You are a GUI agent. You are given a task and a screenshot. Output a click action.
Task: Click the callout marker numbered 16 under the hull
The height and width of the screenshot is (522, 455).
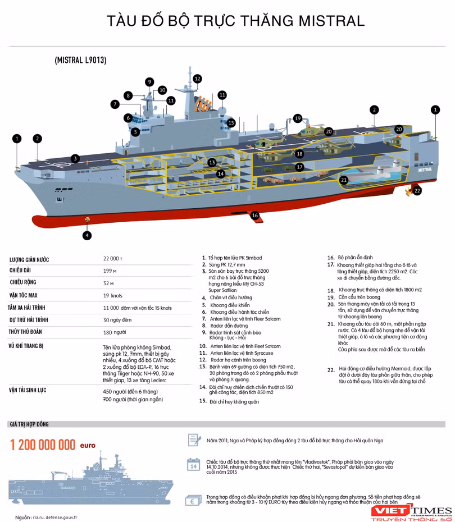click(x=255, y=215)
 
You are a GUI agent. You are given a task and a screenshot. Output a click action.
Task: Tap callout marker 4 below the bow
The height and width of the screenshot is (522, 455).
click(x=87, y=236)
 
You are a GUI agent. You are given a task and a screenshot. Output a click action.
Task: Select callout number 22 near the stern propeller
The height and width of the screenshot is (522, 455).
click(x=417, y=191)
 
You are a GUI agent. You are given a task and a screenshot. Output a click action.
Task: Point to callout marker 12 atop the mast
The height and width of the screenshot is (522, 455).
click(x=198, y=79)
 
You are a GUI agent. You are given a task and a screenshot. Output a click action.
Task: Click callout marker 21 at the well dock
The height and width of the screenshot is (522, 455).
click(x=344, y=180)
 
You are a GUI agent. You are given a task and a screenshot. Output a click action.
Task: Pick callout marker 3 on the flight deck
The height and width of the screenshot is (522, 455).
click(x=75, y=158)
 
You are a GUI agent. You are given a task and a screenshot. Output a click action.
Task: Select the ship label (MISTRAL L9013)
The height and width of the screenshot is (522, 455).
click(x=81, y=59)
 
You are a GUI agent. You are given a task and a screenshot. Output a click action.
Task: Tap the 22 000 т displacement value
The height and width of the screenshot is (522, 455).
click(x=113, y=259)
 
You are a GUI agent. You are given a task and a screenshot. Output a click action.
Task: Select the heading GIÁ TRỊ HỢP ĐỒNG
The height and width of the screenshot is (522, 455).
click(x=36, y=424)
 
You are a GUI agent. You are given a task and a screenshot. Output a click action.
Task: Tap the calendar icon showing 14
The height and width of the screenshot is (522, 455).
click(x=193, y=465)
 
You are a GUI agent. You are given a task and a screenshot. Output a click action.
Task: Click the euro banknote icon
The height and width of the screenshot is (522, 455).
click(x=193, y=501)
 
